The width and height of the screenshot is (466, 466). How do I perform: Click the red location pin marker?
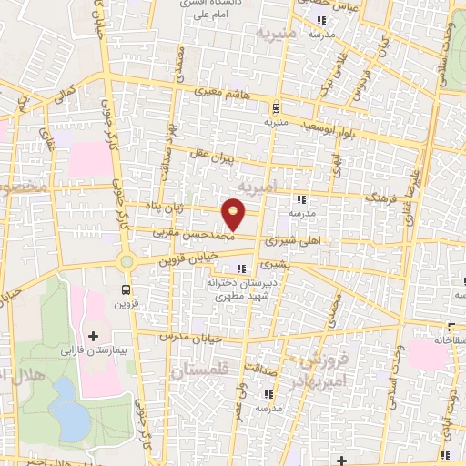(x=236, y=213)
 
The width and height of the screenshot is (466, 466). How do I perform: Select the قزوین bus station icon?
(x=125, y=289)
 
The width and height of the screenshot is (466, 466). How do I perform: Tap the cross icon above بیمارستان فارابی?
(x=93, y=336)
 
